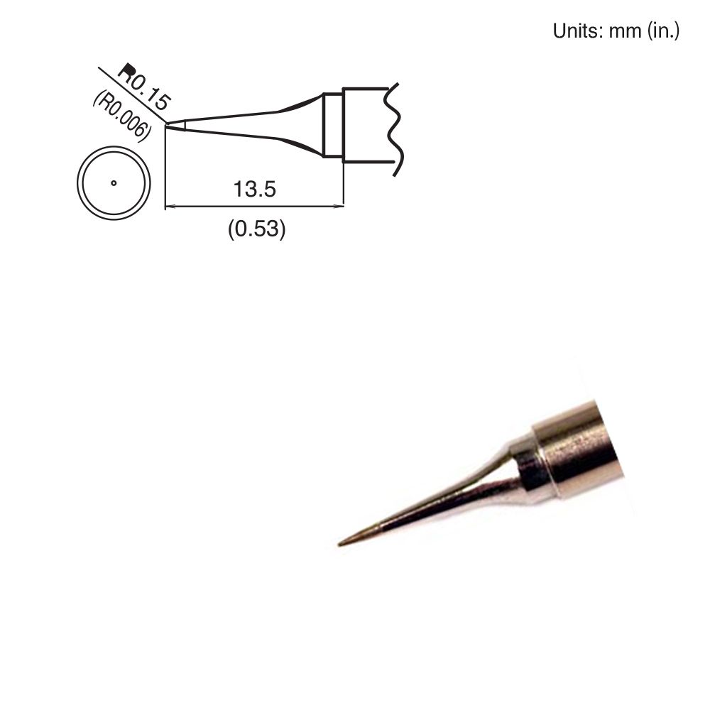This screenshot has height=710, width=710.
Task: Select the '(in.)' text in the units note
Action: tap(663, 32)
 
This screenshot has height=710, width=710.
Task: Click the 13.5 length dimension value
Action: tap(254, 190)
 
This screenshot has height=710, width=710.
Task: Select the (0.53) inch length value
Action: tap(256, 229)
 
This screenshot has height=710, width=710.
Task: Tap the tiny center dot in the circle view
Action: tap(114, 183)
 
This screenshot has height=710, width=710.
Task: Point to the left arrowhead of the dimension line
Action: tap(169, 207)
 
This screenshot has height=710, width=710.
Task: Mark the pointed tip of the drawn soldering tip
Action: tap(168, 125)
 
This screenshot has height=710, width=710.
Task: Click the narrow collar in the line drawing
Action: tap(332, 125)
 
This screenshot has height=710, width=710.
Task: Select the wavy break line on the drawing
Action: tap(393, 128)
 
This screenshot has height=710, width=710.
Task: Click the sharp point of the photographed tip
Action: tap(340, 545)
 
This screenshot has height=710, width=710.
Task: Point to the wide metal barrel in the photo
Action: tap(579, 451)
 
